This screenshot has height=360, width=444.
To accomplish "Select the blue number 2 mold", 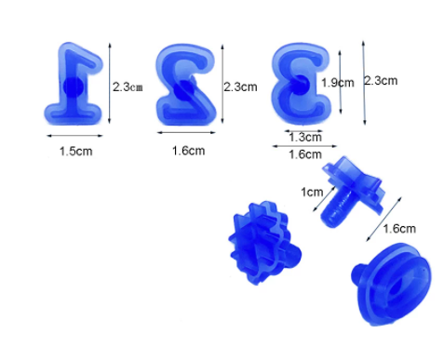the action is pos(186,86).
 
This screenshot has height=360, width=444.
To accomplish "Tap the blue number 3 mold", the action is pos(301,83).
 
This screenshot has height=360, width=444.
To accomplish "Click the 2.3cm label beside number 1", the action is pos(128,87).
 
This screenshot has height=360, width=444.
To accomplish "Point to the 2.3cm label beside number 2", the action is pos(240,87).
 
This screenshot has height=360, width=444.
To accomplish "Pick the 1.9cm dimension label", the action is pos(338,83).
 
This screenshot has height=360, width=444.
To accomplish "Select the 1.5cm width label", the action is pos(76,152).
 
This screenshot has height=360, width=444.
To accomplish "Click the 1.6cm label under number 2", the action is pos(188,151).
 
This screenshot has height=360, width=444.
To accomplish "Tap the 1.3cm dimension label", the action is pos(305,137).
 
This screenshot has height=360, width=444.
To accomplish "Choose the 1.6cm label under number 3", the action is pos(305,154).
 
